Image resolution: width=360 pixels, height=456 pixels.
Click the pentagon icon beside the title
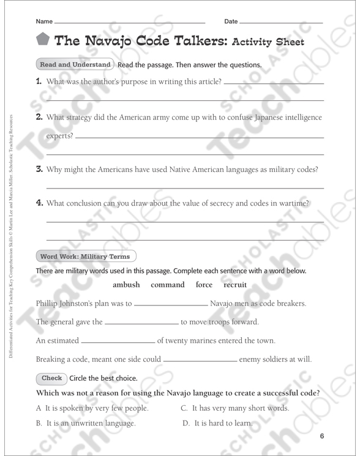pyautogui.click(x=42, y=40)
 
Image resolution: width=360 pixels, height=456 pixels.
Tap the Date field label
pyautogui.click(x=231, y=21)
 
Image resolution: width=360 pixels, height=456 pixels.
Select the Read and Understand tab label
pyautogui.click(x=75, y=64)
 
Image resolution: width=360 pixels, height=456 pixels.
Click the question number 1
pyautogui.click(x=39, y=81)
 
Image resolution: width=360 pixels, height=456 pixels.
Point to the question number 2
pyautogui.click(x=39, y=117)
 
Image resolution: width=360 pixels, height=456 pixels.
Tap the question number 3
pyautogui.click(x=39, y=170)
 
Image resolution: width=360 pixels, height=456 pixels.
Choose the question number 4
pyautogui.click(x=39, y=203)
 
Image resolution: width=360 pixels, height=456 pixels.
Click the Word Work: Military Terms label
pyautogui.click(x=86, y=256)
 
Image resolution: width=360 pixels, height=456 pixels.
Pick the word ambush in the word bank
pyautogui.click(x=126, y=285)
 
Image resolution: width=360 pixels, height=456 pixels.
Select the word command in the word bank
pyautogui.click(x=167, y=285)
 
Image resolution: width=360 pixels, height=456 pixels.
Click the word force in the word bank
pyautogui.click(x=204, y=285)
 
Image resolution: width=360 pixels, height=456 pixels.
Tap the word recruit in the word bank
pyautogui.click(x=235, y=285)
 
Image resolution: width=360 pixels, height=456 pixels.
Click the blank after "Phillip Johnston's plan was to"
pyautogui.click(x=171, y=304)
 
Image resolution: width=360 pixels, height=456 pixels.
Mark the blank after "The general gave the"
pyautogui.click(x=141, y=323)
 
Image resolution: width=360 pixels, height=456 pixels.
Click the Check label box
pyautogui.click(x=51, y=378)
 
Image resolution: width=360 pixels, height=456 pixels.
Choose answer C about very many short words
pyautogui.click(x=235, y=408)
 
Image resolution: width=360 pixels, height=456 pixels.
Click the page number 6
pyautogui.click(x=321, y=436)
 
